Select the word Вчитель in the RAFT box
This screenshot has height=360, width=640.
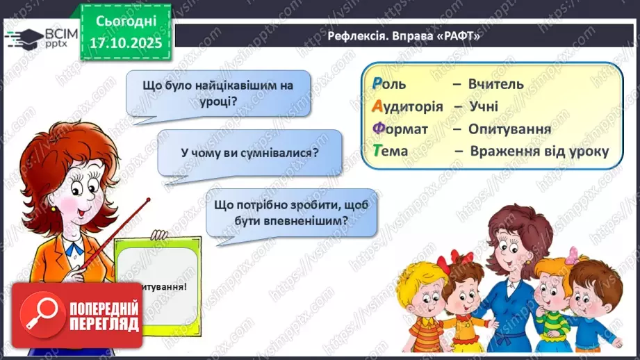tap(496, 84)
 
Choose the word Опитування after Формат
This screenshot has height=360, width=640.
tap(509, 129)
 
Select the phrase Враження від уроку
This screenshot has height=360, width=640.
tap(539, 151)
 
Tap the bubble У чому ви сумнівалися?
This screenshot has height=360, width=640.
tap(249, 152)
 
